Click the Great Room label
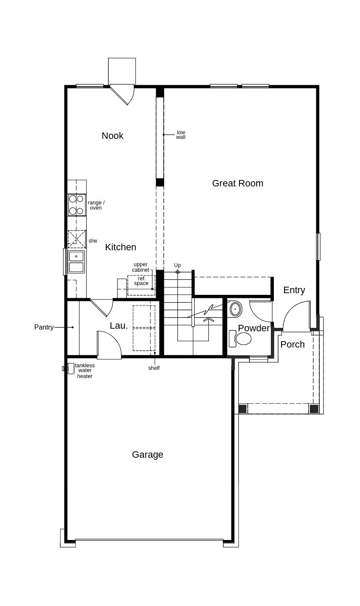click(237, 183)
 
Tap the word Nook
click(113, 135)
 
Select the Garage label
click(147, 455)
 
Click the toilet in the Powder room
click(240, 339)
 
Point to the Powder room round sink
click(236, 309)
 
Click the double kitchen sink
click(76, 261)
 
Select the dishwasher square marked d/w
click(77, 239)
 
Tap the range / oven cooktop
click(77, 205)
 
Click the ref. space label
click(141, 281)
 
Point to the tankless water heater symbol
click(70, 368)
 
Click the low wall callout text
click(181, 135)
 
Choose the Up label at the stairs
click(177, 265)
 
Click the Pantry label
click(44, 327)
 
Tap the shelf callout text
click(154, 368)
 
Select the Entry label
click(294, 290)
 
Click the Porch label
click(292, 345)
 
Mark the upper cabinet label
click(141, 267)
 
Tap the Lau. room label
click(119, 326)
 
